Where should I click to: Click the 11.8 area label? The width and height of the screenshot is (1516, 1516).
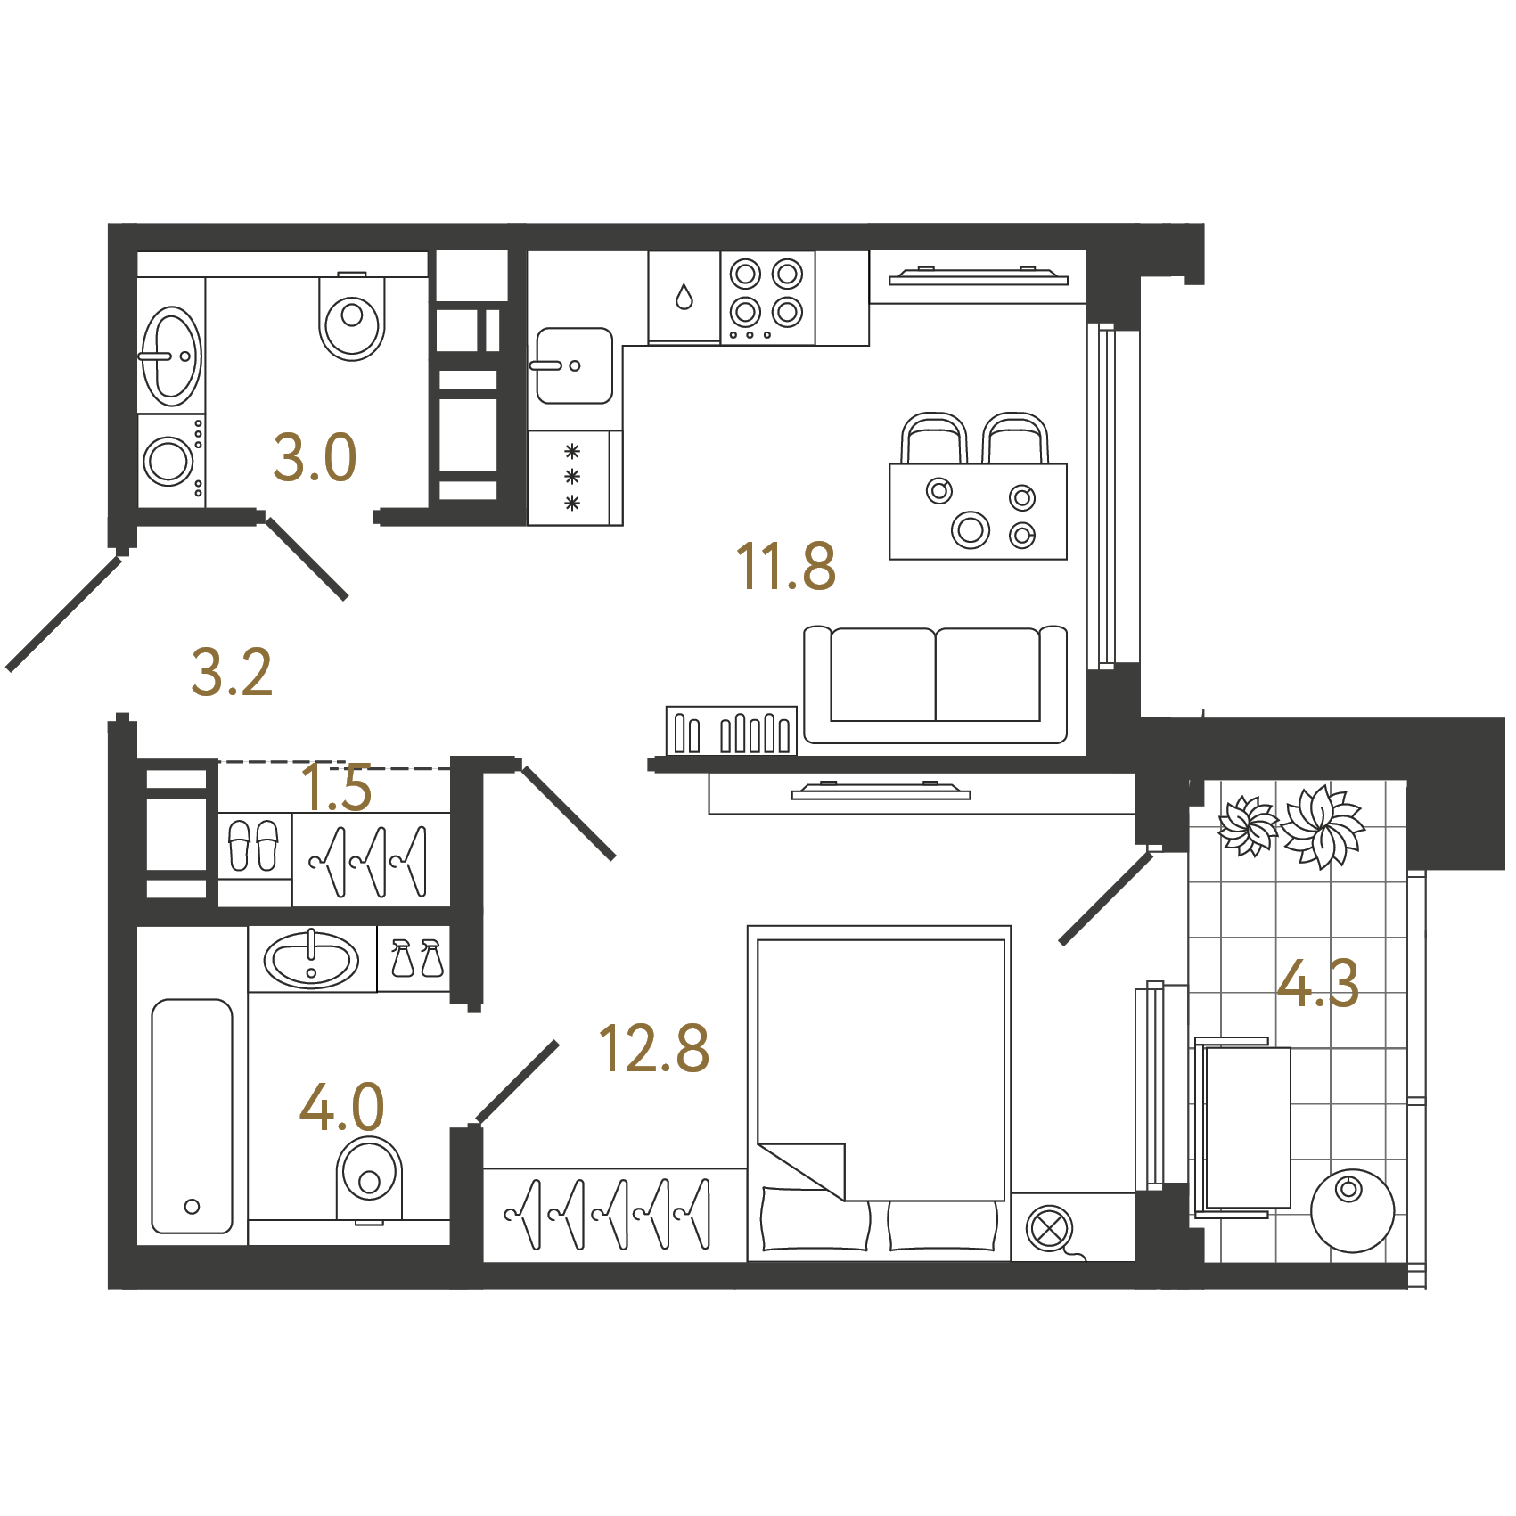785,567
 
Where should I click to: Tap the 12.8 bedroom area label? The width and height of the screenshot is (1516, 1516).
653,1048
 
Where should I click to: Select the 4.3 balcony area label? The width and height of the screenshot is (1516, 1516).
1317,983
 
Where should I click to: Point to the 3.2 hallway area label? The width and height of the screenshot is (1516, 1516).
231,673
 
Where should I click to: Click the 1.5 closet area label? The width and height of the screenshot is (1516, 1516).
336,788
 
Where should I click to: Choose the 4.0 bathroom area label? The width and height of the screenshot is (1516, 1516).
341,1107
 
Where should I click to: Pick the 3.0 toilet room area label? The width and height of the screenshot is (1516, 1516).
315,458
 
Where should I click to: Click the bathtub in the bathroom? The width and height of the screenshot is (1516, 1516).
192,1116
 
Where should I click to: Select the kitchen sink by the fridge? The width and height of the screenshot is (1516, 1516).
574,365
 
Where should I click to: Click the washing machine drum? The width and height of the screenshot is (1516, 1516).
168,461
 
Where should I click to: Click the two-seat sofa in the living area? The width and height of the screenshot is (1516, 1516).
935,684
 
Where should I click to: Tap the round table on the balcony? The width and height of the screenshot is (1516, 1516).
1351,1210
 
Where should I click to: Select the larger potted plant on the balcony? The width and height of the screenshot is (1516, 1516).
1323,825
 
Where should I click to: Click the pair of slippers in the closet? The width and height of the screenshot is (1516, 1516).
254,845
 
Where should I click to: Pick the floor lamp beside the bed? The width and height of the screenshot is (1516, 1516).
1049,1229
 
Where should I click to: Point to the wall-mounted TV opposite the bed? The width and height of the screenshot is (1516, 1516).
881,791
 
